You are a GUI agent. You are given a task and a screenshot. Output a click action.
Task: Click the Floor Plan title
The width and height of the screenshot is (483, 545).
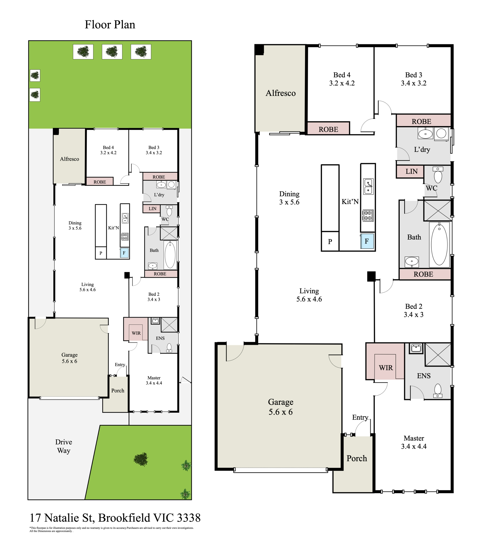110,25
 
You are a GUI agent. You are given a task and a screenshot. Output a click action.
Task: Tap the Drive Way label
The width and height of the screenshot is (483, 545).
64,446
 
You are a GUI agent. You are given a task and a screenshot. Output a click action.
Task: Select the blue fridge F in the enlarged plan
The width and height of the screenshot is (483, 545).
367,241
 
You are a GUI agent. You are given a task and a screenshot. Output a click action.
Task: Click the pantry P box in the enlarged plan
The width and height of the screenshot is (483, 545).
330,241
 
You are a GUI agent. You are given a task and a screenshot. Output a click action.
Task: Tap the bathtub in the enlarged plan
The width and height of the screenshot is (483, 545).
439,245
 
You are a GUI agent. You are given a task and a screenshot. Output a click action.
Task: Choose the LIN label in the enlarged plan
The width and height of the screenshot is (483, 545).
411,171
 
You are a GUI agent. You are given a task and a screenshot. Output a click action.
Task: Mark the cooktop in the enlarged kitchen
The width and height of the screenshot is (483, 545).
368,215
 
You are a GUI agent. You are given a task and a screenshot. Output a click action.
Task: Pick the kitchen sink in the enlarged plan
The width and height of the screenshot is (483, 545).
368,186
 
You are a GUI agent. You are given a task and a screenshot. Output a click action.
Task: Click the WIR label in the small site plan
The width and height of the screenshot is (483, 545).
136,333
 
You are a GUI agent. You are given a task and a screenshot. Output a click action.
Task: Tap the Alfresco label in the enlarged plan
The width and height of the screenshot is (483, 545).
280,93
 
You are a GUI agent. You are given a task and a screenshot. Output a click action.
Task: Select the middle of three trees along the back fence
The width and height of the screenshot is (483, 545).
112,52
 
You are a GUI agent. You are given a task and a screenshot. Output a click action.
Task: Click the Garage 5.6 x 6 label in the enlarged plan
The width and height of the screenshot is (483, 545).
280,407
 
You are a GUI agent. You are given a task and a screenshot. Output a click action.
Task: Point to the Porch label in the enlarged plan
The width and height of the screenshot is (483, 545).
357,458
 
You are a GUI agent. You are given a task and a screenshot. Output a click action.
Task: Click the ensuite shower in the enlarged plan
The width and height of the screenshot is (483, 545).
438,355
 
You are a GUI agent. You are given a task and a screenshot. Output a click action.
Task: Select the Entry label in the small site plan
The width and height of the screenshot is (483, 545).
120,365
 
